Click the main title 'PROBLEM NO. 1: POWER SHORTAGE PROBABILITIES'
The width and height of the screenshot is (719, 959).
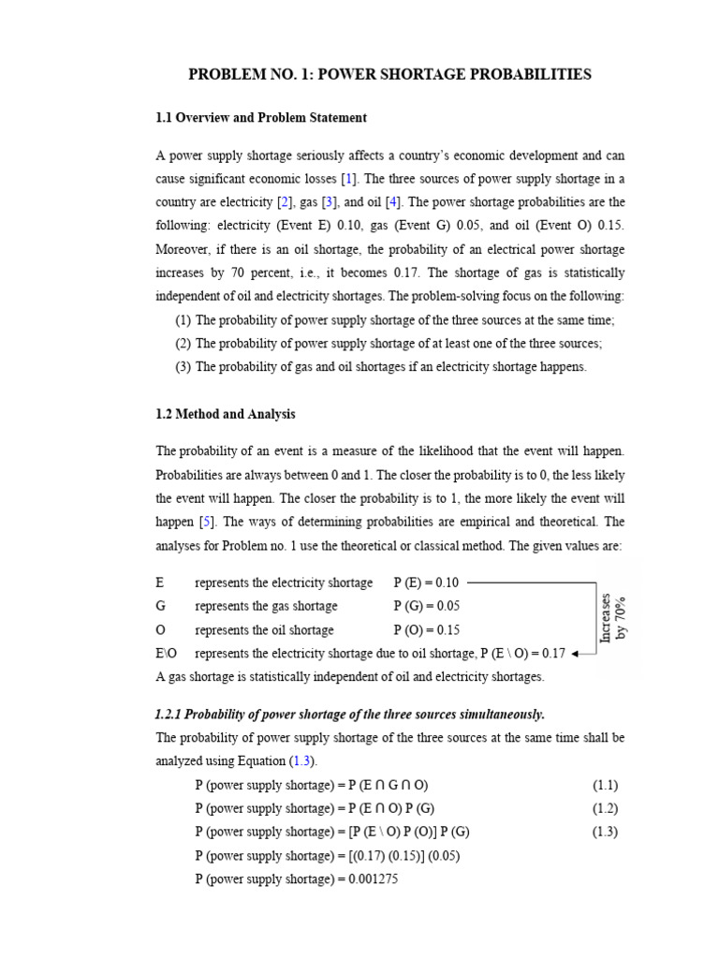(389, 75)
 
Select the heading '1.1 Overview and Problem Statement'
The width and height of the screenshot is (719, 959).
(260, 118)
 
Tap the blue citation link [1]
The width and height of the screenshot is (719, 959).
(349, 179)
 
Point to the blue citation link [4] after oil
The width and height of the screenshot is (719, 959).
(395, 202)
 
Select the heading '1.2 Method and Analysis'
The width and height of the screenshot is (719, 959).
(225, 414)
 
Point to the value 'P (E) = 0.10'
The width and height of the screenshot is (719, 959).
(427, 583)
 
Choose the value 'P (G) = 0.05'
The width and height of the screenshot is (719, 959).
(427, 606)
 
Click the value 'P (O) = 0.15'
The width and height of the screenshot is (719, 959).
(427, 630)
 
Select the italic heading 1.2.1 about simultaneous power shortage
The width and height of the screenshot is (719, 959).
(350, 715)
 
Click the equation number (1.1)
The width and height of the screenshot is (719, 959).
(605, 785)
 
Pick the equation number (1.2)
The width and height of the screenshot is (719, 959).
(605, 808)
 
